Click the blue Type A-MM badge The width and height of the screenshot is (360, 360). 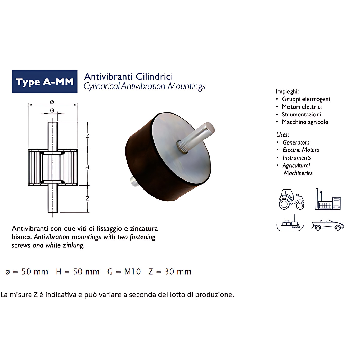[44, 82]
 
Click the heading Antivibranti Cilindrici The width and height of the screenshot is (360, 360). [129, 76]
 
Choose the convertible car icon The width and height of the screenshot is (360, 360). [328, 225]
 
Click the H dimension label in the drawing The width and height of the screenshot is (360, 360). [87, 167]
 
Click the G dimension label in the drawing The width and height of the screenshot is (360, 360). [52, 110]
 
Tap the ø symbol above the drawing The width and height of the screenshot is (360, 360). [52, 102]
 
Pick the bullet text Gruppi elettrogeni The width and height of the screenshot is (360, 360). [306, 99]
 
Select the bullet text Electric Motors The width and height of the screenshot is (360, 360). [301, 150]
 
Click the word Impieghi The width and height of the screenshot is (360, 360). [287, 92]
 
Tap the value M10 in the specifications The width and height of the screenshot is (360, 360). [132, 272]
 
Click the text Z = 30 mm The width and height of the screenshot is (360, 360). [170, 272]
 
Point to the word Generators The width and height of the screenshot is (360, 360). [296, 142]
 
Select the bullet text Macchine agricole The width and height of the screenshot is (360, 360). [305, 122]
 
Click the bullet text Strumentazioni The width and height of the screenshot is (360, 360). [301, 114]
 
